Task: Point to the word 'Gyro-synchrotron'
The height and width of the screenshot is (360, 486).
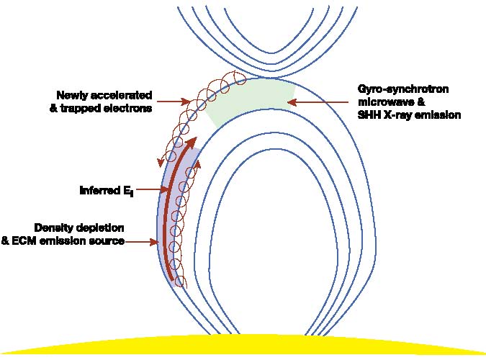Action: tap(403, 89)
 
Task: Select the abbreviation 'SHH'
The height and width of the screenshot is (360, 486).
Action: tap(369, 115)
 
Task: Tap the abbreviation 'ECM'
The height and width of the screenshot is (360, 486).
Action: tap(24, 241)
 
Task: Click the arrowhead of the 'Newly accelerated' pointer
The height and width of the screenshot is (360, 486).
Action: tap(186, 101)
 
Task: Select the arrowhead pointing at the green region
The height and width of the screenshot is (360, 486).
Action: tap(292, 102)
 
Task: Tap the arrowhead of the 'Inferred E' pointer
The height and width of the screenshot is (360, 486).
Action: tap(163, 189)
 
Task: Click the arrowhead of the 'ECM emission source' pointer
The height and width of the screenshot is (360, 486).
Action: tap(154, 242)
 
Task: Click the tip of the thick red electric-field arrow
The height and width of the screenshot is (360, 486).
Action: tap(196, 137)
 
